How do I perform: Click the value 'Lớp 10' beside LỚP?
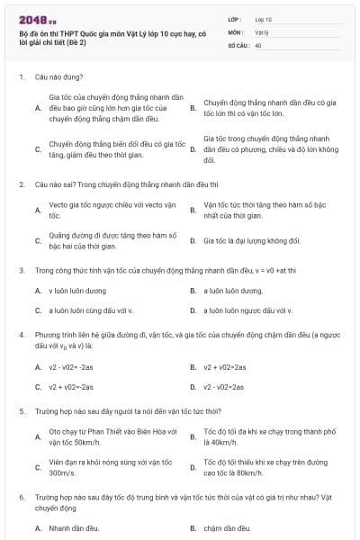click(263, 18)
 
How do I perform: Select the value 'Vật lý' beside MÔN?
click(262, 31)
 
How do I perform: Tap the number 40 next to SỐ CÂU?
click(258, 43)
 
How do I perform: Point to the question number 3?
click(22, 270)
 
